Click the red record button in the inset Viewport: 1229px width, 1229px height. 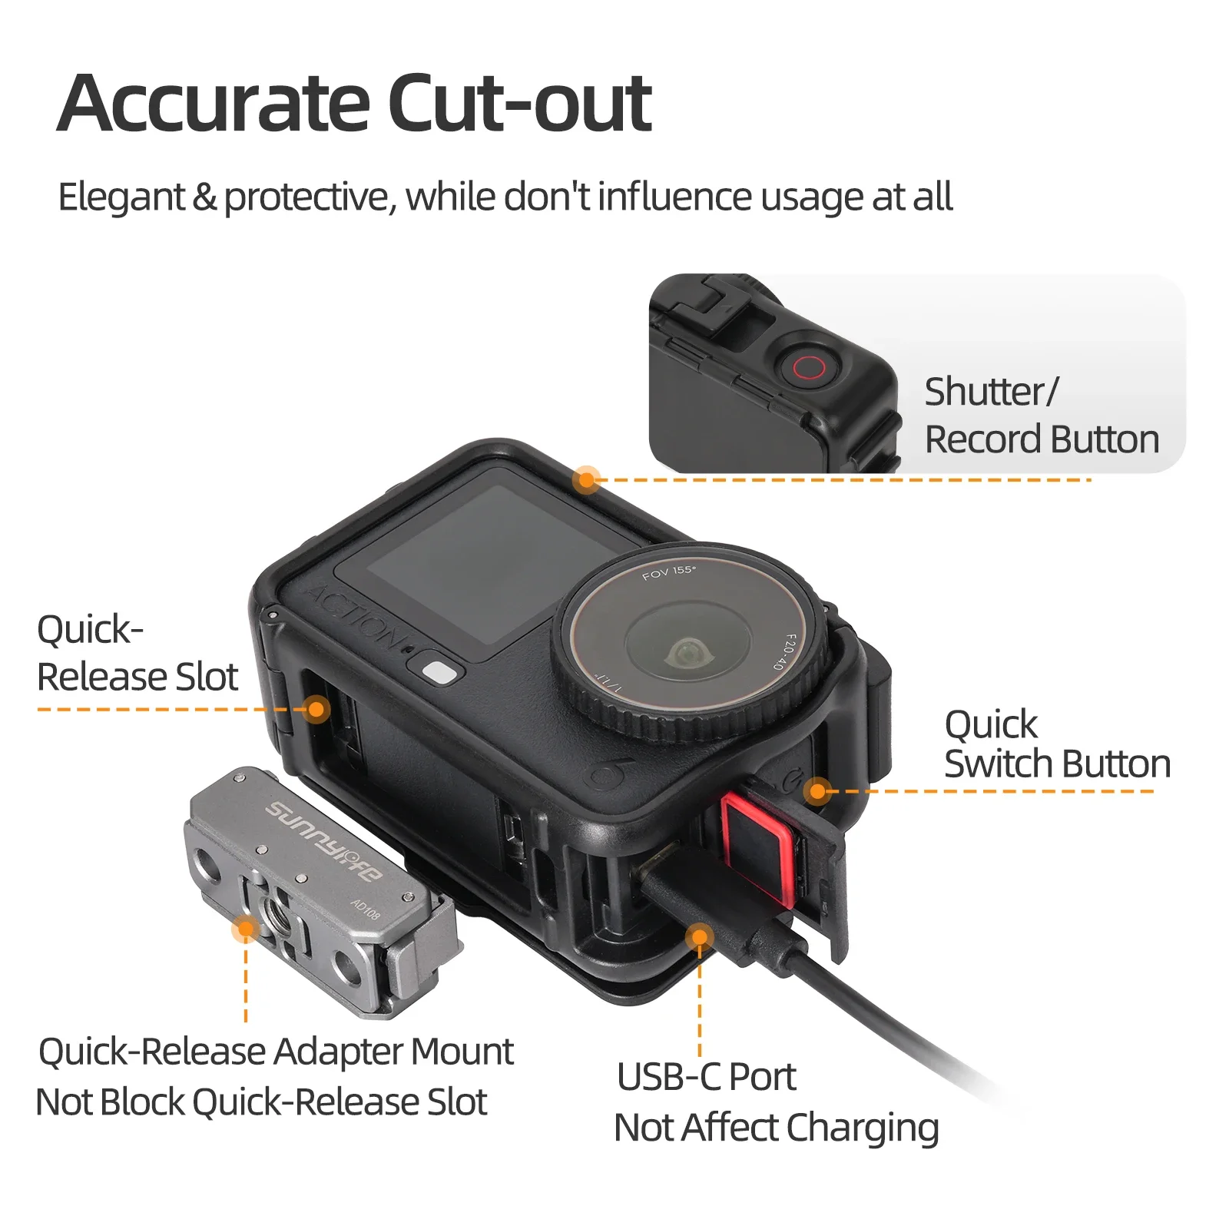pos(809,367)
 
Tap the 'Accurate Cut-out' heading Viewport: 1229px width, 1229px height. pos(355,104)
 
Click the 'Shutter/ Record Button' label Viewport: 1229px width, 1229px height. pos(1042,416)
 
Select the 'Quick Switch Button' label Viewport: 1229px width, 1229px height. pos(1057,744)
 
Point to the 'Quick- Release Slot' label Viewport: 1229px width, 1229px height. pos(137,653)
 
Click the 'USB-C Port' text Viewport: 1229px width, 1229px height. pos(706,1076)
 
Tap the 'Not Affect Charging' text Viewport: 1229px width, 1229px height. pos(777,1128)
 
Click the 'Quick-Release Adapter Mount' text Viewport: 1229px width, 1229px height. pos(276,1051)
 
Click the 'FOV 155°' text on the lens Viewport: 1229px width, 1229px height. pos(668,572)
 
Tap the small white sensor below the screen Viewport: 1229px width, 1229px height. pos(439,673)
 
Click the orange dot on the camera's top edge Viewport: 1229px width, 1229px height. pos(587,480)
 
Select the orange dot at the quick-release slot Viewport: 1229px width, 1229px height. pos(316,709)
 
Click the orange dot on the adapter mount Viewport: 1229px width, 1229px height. pos(246,929)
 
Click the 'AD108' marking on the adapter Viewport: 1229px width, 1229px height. pos(366,909)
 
